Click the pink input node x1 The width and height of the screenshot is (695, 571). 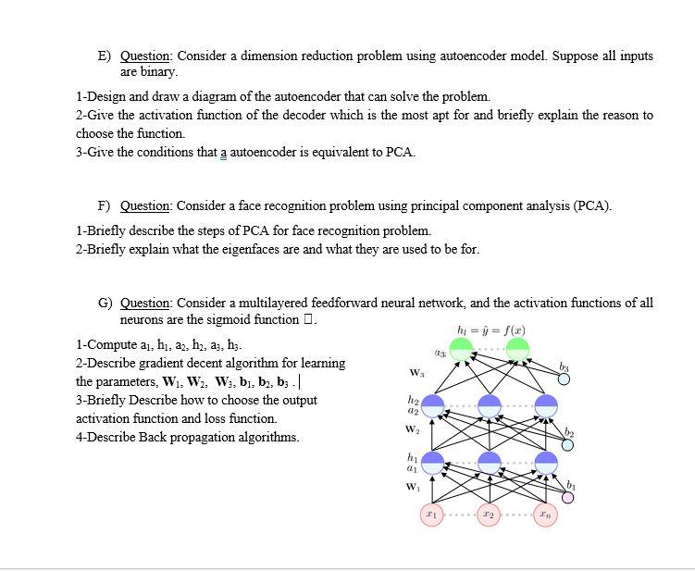tap(432, 514)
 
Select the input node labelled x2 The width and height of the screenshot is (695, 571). tap(489, 514)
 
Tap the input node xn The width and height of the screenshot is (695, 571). tap(546, 514)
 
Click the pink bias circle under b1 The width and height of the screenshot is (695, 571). tap(568, 498)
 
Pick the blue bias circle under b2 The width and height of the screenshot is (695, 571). tap(568, 444)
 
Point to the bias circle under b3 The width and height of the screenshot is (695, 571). tap(564, 378)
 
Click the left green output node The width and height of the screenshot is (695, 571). tap(461, 350)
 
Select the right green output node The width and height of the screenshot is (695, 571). tap(517, 350)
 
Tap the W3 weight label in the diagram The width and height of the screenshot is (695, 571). tap(416, 373)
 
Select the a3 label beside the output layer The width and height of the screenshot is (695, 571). tap(440, 354)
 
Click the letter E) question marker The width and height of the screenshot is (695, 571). tap(105, 56)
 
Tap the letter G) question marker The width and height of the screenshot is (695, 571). tap(105, 303)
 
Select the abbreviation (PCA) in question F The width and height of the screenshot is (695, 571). tap(591, 205)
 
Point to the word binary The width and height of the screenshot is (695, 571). tap(157, 71)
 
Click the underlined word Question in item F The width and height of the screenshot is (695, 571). tap(145, 205)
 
